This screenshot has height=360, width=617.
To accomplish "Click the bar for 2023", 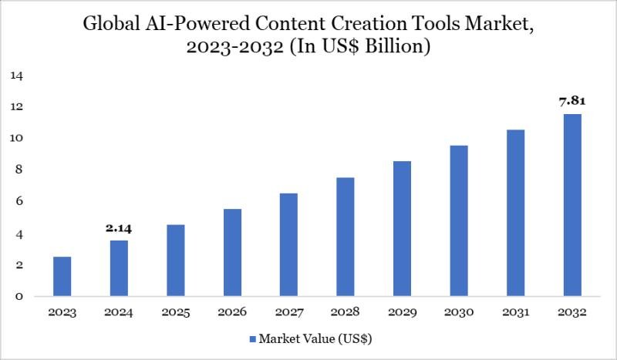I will coord(62,277).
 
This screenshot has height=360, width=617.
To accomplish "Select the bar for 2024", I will coord(119,268).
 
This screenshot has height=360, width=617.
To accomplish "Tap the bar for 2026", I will coord(232,253).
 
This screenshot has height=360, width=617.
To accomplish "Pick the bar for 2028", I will coord(345,237).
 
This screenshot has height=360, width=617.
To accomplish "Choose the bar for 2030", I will coord(458,221).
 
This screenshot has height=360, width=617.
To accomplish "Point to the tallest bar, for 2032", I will coord(571,205).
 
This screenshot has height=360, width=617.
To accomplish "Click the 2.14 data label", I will coord(119,229).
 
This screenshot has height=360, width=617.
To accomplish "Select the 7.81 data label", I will coord(571,102).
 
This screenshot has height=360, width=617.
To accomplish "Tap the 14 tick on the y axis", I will coord(17,76).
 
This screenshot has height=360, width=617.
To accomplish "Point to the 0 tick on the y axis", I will coord(19,297).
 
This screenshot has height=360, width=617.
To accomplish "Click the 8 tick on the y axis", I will coord(19,170).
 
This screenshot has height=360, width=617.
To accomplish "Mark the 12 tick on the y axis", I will coord(17,107).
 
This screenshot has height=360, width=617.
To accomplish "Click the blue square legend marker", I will coord(253,338).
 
